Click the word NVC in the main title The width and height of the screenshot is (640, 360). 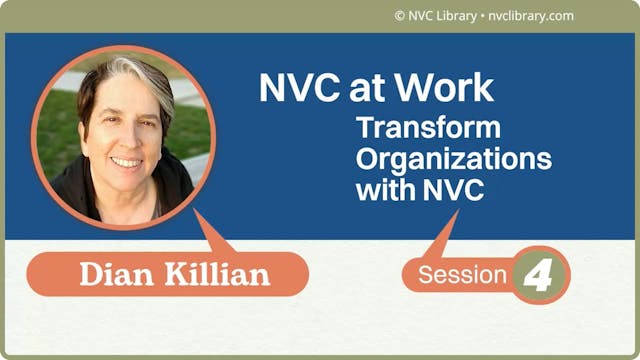pos(295,89)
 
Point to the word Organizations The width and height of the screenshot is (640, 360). pos(454,159)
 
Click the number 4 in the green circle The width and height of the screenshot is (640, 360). pos(541,275)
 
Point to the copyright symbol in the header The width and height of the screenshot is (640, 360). pos(400,16)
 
